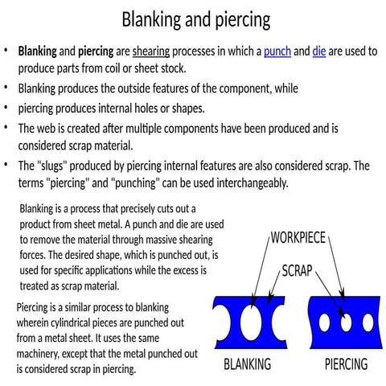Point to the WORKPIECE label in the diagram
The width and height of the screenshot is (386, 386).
tap(298, 238)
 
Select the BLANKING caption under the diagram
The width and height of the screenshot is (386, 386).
tap(246, 364)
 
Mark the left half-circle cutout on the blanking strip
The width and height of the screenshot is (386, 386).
tap(219, 319)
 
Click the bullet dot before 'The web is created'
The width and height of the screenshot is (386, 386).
tap(6, 127)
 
